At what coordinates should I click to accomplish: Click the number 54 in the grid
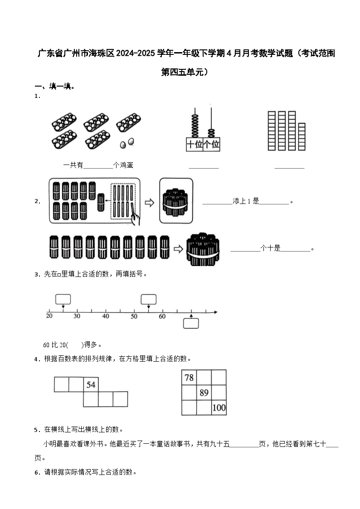[91, 385]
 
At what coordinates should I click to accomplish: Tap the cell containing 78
[189, 378]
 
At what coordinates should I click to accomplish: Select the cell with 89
[204, 393]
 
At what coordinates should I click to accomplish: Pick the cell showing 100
[219, 407]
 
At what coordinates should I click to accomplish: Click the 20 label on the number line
[49, 316]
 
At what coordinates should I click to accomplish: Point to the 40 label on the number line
[106, 316]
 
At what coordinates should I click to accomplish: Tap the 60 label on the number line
[162, 316]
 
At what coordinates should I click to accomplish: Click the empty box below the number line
[191, 323]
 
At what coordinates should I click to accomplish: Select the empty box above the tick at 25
[63, 299]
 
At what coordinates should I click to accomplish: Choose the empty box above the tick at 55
[149, 299]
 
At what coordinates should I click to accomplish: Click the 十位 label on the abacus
[194, 145]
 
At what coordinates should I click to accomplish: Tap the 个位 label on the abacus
[211, 145]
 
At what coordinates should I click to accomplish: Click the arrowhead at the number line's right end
[215, 312]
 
